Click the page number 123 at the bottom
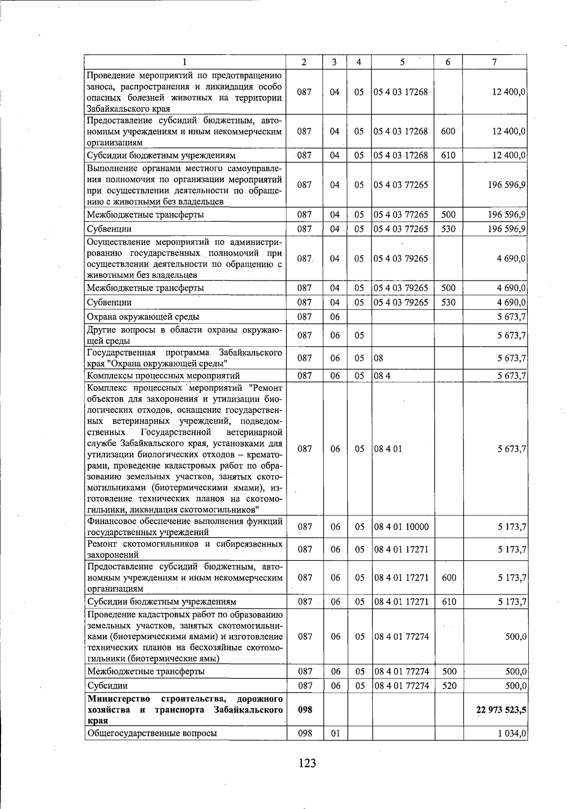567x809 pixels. (x=307, y=763)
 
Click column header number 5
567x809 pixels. (x=402, y=62)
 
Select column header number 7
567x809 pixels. (x=494, y=62)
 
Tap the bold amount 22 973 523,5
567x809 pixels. (x=502, y=710)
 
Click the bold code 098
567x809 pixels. (x=305, y=710)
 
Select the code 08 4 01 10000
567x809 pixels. (x=401, y=527)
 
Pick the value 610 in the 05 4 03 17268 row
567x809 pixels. (x=448, y=155)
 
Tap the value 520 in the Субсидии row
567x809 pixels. (x=448, y=686)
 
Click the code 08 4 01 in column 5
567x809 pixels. (x=388, y=449)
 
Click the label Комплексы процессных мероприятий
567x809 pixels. (x=163, y=376)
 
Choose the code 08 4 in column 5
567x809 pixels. (x=382, y=376)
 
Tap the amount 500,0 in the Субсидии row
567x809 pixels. (x=516, y=686)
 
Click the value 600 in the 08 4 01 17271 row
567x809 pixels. (x=448, y=578)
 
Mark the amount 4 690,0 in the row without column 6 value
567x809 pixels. (x=512, y=259)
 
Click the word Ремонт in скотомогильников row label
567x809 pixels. (x=102, y=544)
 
